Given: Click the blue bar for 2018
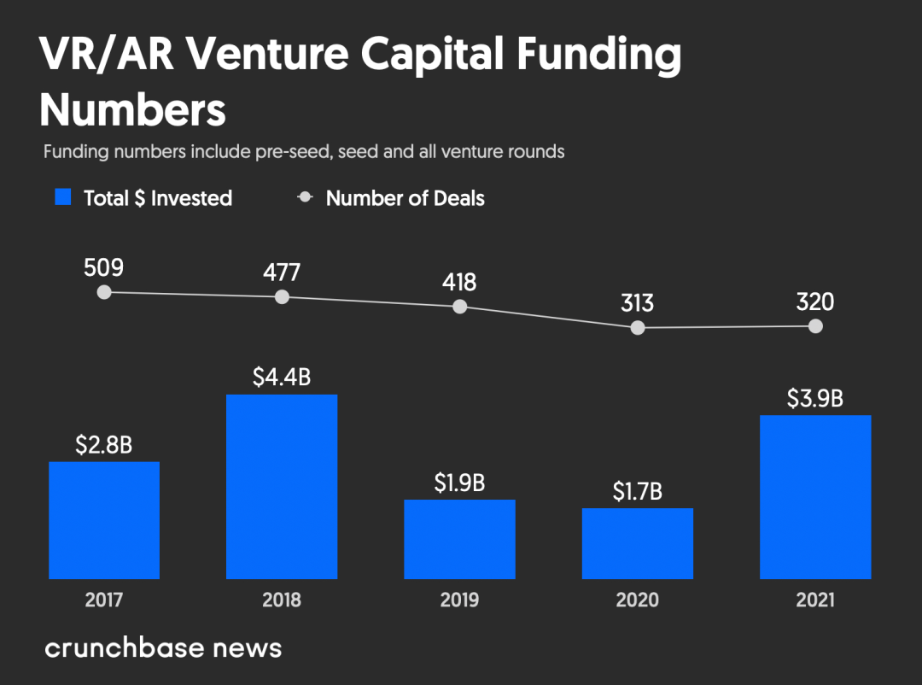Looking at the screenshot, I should [282, 486].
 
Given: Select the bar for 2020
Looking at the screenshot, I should [638, 543].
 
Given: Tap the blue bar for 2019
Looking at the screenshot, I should [459, 539].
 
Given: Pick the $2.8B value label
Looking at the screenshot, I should [104, 445].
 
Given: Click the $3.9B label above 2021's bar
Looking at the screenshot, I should [815, 399].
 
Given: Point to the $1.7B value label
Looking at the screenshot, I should [638, 492].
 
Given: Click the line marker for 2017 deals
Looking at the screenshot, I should [104, 292].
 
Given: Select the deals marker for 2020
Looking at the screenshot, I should [638, 327].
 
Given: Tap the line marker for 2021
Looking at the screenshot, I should [815, 326].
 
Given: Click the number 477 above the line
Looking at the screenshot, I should [282, 272].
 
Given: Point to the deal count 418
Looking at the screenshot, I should [459, 282].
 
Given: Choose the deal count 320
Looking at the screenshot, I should [815, 302].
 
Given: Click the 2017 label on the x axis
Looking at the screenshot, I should [104, 600].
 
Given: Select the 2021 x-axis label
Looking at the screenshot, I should [815, 600].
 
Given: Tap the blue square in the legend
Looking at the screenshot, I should [63, 197].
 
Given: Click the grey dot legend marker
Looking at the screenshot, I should [305, 197].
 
